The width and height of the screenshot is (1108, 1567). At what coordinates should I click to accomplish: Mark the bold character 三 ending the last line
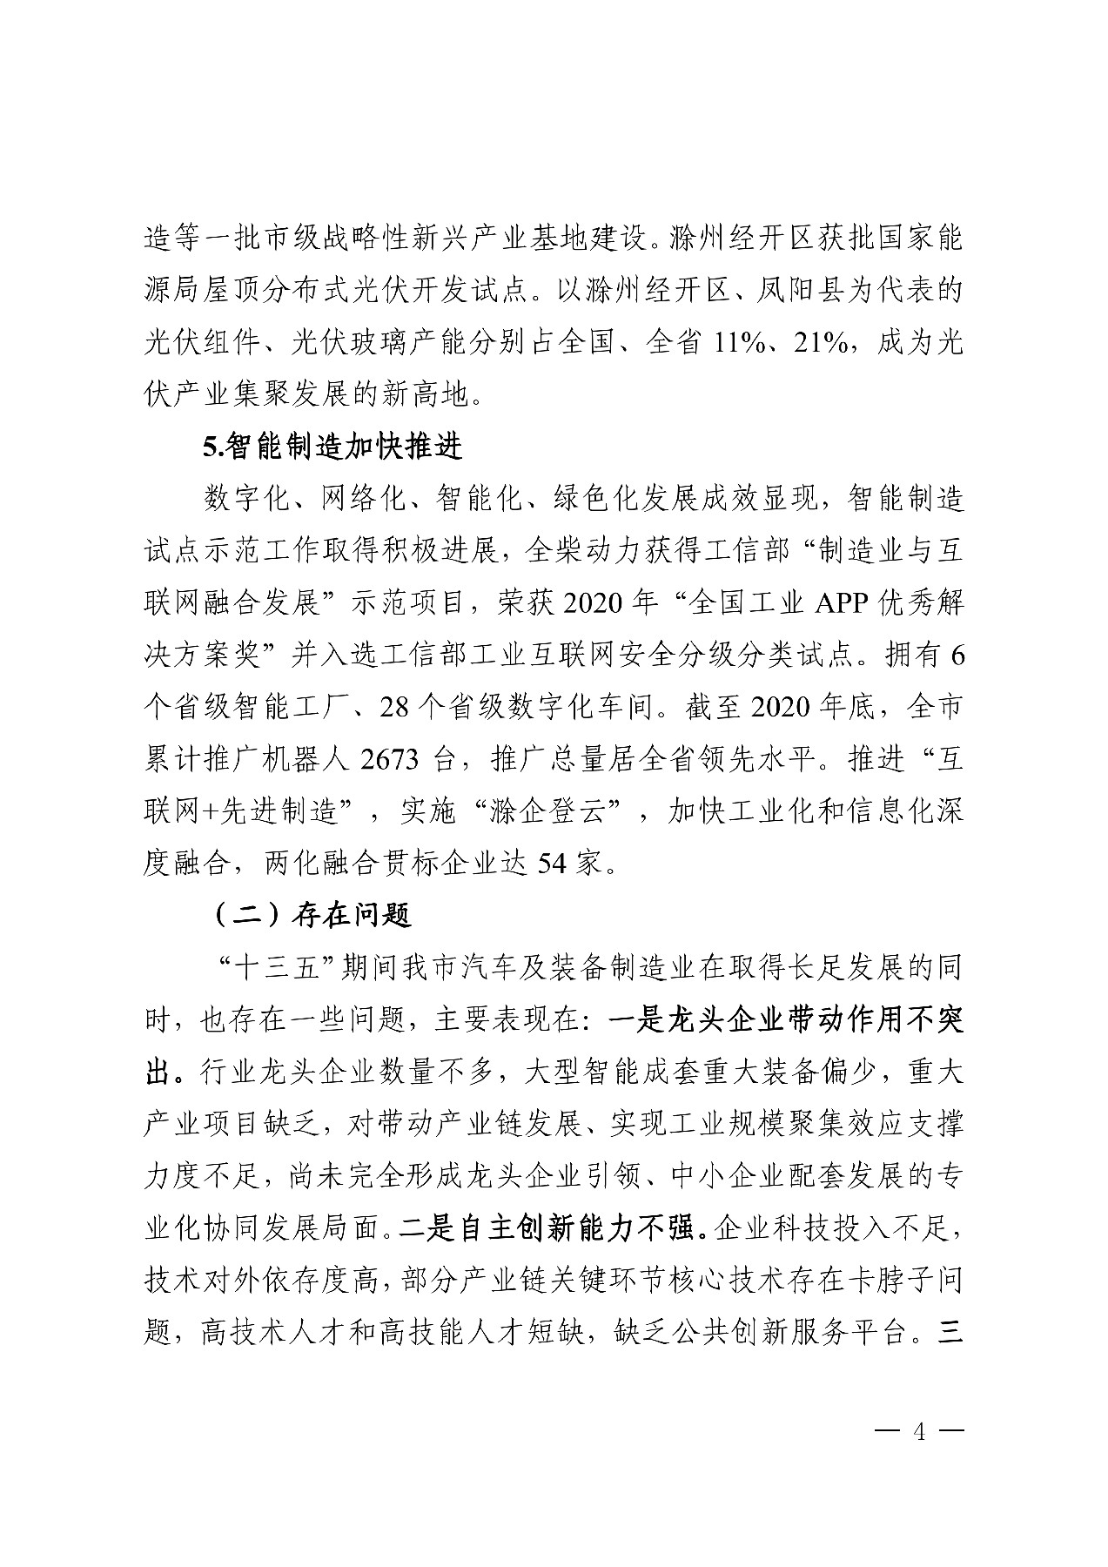click(950, 1333)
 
